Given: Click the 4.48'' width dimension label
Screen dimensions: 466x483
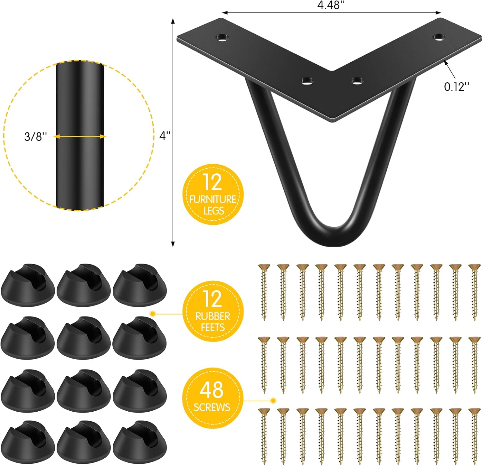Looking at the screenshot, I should pyautogui.click(x=331, y=6).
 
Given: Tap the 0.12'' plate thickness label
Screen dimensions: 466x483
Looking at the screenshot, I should pyautogui.click(x=456, y=87).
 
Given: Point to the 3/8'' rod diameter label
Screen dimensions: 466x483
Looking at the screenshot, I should pyautogui.click(x=35, y=137).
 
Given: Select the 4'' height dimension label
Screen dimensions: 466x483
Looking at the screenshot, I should pyautogui.click(x=165, y=136).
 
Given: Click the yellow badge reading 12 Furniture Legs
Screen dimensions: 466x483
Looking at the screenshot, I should pyautogui.click(x=213, y=195).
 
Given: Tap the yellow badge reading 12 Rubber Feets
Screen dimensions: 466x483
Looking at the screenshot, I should pyautogui.click(x=213, y=311).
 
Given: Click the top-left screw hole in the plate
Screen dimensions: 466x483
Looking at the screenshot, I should pyautogui.click(x=223, y=38).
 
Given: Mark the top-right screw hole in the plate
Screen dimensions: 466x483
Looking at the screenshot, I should pyautogui.click(x=438, y=37).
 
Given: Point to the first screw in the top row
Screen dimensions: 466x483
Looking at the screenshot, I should pyautogui.click(x=264, y=292).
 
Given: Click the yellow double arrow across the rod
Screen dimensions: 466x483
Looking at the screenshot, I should pyautogui.click(x=80, y=137).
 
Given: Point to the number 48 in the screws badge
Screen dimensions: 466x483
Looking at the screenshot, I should pyautogui.click(x=212, y=390).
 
